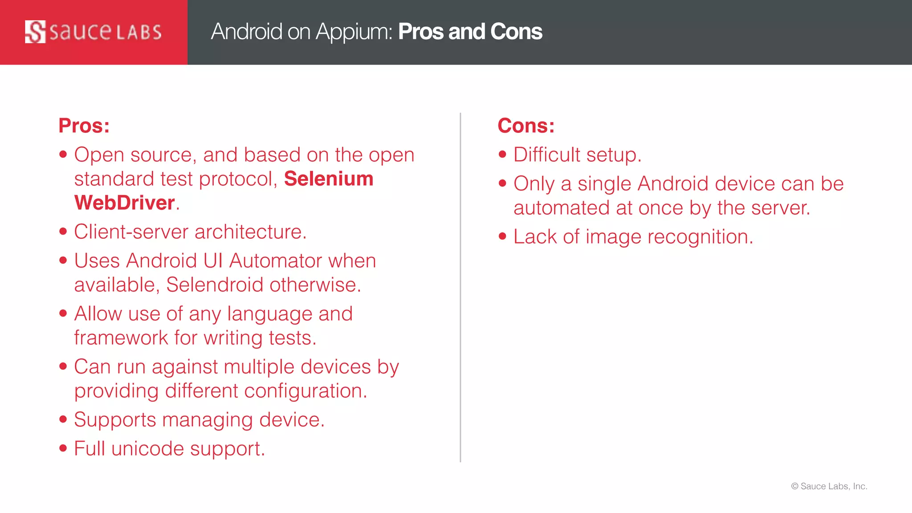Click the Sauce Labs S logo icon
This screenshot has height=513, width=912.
(x=35, y=32)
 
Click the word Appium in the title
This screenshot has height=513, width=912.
(x=353, y=32)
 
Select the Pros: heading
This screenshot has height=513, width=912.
(x=84, y=126)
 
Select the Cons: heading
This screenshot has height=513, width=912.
(x=526, y=126)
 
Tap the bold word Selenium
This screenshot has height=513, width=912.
(x=329, y=179)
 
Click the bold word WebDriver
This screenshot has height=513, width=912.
(x=125, y=203)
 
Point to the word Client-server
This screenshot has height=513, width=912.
(x=131, y=232)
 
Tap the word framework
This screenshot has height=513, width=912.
(x=121, y=338)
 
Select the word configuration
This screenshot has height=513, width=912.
(x=305, y=391)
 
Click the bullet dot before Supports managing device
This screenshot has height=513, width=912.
(x=63, y=419)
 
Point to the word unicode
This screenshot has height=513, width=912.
(x=147, y=449)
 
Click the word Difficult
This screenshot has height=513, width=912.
(x=547, y=155)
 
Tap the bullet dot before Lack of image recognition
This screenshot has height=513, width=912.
(x=503, y=236)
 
